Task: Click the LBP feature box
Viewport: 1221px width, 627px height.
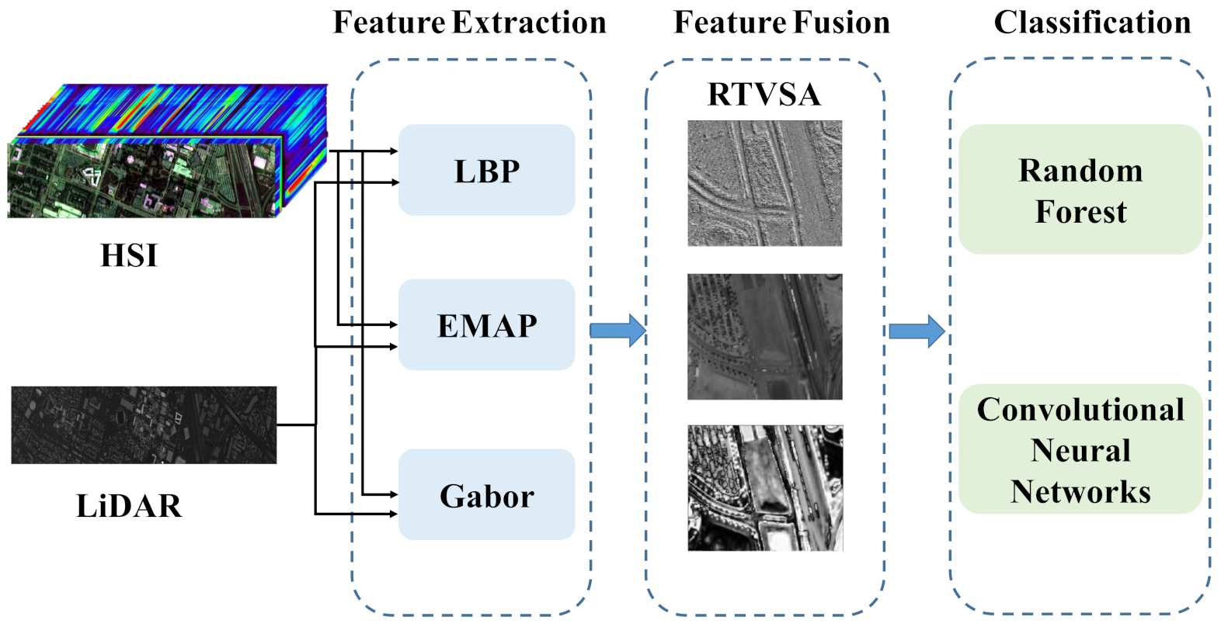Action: pyautogui.click(x=486, y=170)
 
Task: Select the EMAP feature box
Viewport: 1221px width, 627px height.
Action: pyautogui.click(x=486, y=324)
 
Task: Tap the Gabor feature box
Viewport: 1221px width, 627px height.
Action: pyautogui.click(x=486, y=495)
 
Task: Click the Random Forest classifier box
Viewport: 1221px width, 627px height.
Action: pyautogui.click(x=1080, y=189)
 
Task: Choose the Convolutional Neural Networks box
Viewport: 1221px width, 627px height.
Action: pyautogui.click(x=1080, y=449)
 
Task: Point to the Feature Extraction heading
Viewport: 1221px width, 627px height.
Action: pyautogui.click(x=469, y=23)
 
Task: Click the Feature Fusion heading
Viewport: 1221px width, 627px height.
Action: pyautogui.click(x=781, y=23)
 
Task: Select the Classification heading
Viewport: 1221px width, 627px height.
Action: pyautogui.click(x=1092, y=23)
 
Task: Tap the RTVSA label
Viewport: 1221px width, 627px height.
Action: pyautogui.click(x=764, y=95)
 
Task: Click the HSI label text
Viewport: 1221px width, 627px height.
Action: pyautogui.click(x=129, y=255)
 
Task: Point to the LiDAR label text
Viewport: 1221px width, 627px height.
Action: pyautogui.click(x=129, y=506)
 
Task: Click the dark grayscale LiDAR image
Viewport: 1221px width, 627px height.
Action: pyautogui.click(x=144, y=425)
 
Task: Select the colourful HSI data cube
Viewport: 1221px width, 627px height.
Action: pyautogui.click(x=167, y=151)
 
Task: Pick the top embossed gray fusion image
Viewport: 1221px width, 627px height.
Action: pyautogui.click(x=764, y=183)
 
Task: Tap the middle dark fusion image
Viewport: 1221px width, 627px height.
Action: pyautogui.click(x=764, y=337)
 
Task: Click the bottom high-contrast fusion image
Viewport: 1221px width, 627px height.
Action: pyautogui.click(x=764, y=488)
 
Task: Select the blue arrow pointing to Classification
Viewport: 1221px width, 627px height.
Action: pyautogui.click(x=917, y=331)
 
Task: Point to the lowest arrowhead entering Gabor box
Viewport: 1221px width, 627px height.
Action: pyautogui.click(x=394, y=513)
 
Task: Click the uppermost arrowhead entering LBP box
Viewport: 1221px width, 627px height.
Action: pyautogui.click(x=394, y=151)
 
